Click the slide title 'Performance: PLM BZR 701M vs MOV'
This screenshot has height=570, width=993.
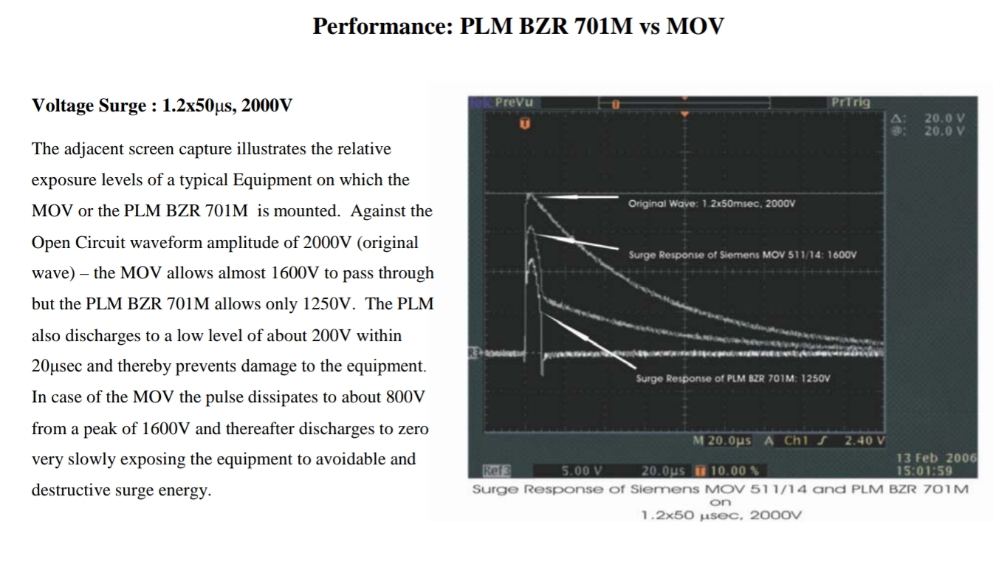pyautogui.click(x=518, y=27)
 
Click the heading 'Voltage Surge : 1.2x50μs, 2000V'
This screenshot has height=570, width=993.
pyautogui.click(x=162, y=106)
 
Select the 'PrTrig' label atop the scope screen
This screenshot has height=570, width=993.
pyautogui.click(x=851, y=103)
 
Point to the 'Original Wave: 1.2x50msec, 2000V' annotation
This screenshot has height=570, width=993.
pyautogui.click(x=711, y=203)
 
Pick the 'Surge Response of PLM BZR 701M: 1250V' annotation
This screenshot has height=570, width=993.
pyautogui.click(x=732, y=378)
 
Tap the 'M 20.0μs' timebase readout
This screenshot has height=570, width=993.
pyautogui.click(x=722, y=441)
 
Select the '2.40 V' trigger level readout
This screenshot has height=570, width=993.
pyautogui.click(x=865, y=441)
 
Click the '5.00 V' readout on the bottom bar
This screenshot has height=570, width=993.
pyautogui.click(x=583, y=470)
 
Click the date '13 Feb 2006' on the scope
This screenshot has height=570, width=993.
pyautogui.click(x=935, y=458)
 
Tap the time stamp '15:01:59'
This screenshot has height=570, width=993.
pyautogui.click(x=923, y=470)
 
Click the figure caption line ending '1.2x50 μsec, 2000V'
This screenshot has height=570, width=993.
pyautogui.click(x=721, y=515)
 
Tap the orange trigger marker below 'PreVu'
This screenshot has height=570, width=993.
pyautogui.click(x=525, y=124)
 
